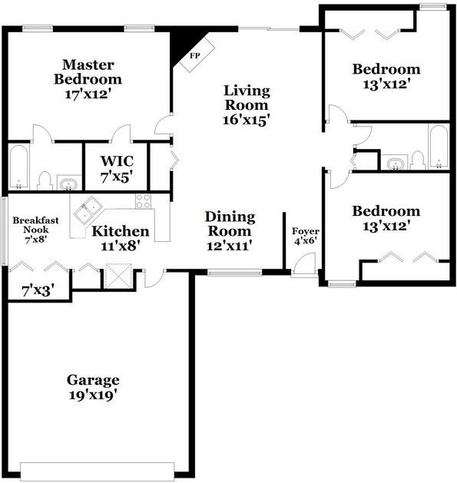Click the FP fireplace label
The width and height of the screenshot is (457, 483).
coord(194,55)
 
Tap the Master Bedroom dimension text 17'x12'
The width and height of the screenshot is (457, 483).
coord(88,95)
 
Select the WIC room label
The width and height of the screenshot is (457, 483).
coord(118,162)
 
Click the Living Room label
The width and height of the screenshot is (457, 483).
coord(247,98)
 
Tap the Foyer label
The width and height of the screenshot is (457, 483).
coord(306,231)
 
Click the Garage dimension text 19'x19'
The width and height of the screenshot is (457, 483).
coord(92,395)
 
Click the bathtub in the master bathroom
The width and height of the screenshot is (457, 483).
coord(19,167)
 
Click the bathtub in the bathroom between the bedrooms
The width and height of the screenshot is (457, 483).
coord(438,146)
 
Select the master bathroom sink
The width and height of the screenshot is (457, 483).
coord(69,184)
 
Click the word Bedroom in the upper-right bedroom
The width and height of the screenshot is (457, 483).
coord(386,70)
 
